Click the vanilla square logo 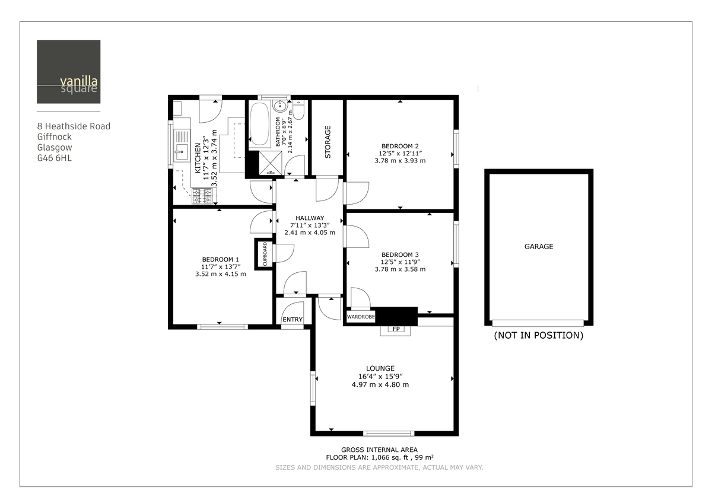(x=68, y=72)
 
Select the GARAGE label (x=538, y=246)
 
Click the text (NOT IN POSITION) (x=538, y=335)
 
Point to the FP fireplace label (x=395, y=329)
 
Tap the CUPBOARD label (x=265, y=254)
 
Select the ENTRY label (x=292, y=320)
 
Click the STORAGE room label (x=328, y=142)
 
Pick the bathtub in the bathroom (x=259, y=125)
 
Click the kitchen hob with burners (x=201, y=196)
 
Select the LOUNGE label (x=380, y=368)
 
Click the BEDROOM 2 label (x=400, y=146)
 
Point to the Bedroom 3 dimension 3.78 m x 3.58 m (x=400, y=269)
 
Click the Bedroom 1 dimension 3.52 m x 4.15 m (x=220, y=274)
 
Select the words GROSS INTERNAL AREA (x=379, y=450)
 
